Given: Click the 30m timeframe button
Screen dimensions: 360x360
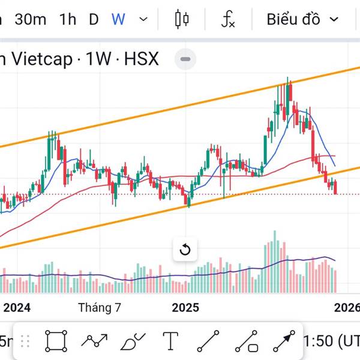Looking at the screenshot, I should [31, 19].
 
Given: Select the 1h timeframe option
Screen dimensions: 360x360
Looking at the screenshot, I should [68, 19].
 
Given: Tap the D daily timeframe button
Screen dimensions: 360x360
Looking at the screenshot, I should [94, 19].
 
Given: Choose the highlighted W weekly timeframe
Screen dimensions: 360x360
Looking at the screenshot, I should [118, 19].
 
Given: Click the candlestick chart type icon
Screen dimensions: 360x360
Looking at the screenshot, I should [182, 19].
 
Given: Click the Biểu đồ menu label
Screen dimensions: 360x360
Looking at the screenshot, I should [293, 19].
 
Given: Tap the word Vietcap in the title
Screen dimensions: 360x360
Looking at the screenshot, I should [41, 59].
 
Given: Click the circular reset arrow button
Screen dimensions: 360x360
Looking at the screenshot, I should [185, 250].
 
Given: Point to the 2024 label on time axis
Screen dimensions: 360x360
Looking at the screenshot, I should [17, 308].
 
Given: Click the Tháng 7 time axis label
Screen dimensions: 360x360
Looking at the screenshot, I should [100, 308].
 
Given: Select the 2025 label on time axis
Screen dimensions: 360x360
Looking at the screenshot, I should [185, 308].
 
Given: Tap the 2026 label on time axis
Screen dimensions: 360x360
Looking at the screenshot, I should [347, 308].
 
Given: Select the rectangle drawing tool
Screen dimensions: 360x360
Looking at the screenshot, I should [56, 341].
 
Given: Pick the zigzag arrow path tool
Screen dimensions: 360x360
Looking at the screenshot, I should [94, 341].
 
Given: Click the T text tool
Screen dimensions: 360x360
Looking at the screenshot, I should [171, 341].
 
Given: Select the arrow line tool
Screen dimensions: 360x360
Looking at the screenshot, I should [284, 341].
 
